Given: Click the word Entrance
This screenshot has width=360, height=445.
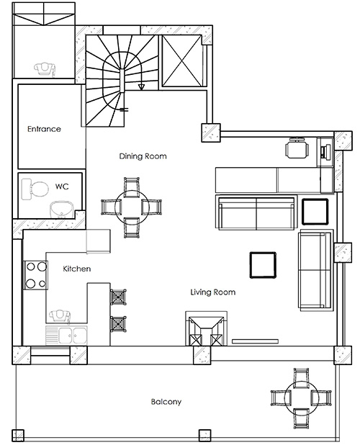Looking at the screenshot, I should (x=44, y=130).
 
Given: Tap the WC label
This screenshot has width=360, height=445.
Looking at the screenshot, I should (x=62, y=186).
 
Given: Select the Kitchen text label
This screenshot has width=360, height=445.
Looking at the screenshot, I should (x=76, y=269).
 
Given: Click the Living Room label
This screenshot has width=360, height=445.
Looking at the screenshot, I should (x=212, y=292).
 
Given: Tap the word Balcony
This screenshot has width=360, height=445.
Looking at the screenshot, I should (x=166, y=402).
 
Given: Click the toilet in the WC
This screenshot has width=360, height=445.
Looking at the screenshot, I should (x=35, y=189).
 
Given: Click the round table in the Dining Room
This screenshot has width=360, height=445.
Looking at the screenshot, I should (x=132, y=208).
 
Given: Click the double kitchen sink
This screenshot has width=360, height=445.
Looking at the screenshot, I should (x=66, y=335).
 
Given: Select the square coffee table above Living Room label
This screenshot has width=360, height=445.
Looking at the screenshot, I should (x=264, y=264).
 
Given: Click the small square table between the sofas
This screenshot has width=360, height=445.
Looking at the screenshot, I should (x=315, y=212).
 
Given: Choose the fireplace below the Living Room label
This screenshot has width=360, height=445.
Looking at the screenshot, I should (x=206, y=332).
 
